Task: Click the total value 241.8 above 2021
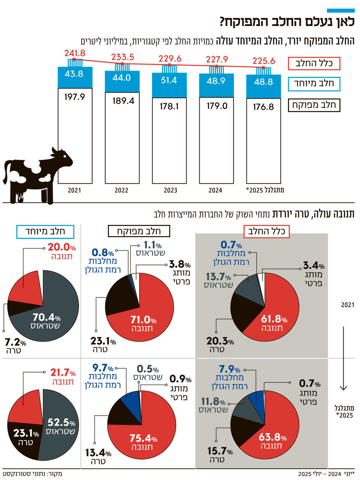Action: [75, 53]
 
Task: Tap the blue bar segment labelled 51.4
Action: [169, 80]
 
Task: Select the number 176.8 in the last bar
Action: [263, 107]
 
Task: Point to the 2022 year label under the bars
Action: [121, 190]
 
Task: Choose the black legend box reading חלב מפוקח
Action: [314, 105]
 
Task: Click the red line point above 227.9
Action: [217, 66]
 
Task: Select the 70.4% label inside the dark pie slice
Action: [46, 317]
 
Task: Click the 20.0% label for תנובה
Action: [62, 247]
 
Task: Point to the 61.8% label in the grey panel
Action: [274, 319]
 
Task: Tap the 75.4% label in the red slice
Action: [143, 438]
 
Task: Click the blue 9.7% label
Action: [103, 368]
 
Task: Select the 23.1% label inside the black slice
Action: [26, 433]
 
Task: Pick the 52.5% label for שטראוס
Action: [61, 422]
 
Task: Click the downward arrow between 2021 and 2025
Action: [343, 358]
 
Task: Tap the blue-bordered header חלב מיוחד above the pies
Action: [45, 231]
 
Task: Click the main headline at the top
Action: [287, 22]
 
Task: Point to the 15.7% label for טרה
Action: [220, 451]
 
